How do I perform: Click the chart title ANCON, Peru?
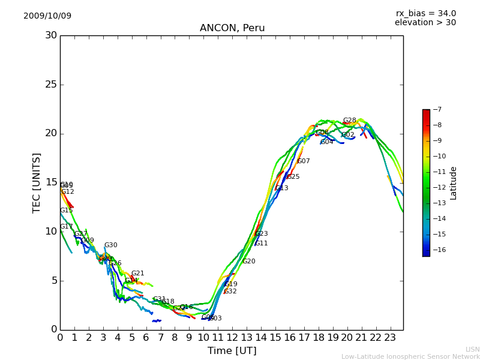232,28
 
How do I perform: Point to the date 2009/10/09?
47,16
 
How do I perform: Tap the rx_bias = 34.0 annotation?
425,13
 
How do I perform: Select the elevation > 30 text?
425,23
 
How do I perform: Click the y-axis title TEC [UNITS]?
37,182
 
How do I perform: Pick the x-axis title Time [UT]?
232,350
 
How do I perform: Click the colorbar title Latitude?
454,183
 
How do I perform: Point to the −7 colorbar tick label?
436,110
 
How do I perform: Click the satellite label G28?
350,121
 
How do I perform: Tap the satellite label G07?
304,161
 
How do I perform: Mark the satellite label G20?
249,262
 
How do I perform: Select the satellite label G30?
111,245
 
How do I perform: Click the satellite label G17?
67,227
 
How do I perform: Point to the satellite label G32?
230,292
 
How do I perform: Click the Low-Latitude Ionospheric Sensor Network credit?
410,356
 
